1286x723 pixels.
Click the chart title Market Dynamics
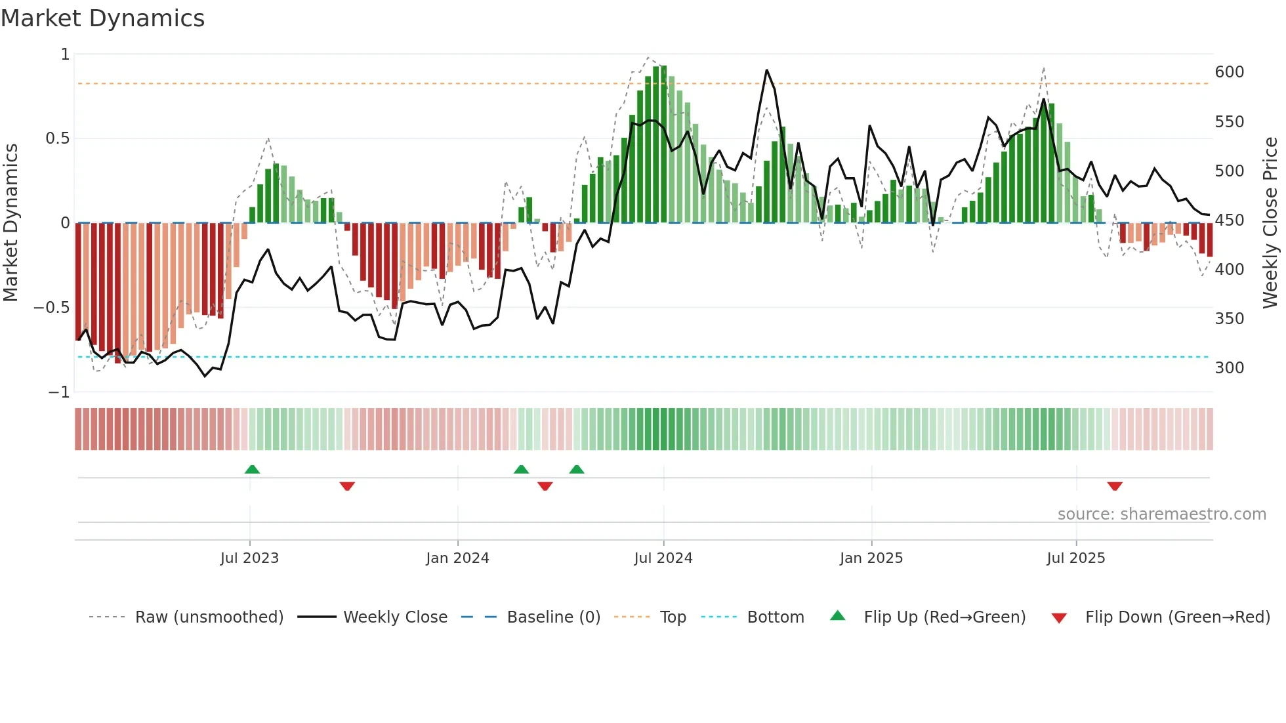[102, 18]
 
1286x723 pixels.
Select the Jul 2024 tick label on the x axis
[663, 558]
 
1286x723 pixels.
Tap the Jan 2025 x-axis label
[871, 558]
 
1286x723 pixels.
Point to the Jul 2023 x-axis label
[249, 558]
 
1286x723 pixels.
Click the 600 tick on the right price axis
[1229, 72]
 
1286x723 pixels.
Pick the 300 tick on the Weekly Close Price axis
[1229, 368]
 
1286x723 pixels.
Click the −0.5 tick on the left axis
[52, 308]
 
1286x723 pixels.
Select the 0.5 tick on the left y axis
[57, 138]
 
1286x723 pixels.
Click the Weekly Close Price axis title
[1270, 223]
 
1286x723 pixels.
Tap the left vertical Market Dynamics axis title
[11, 223]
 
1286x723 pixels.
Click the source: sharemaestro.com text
[1161, 514]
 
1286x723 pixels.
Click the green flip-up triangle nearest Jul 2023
[252, 469]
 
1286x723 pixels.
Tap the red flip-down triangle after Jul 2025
[1114, 486]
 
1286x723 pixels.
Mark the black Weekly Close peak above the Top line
[766, 70]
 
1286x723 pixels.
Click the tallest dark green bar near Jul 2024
[663, 144]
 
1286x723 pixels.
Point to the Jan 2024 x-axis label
[457, 558]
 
